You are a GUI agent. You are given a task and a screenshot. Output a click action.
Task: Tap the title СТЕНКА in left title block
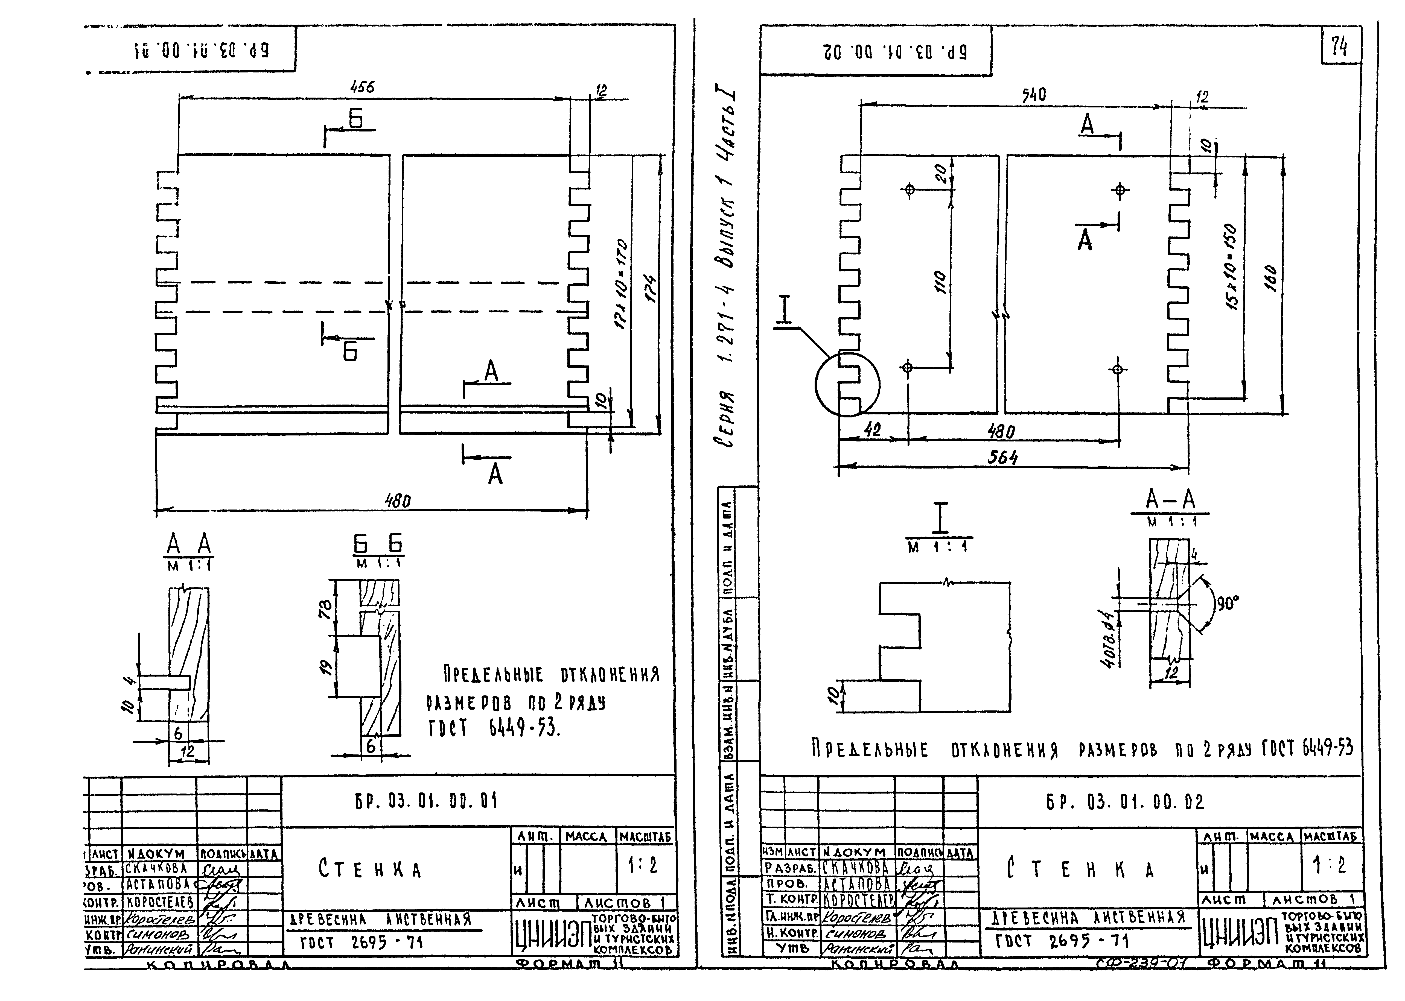pyautogui.click(x=370, y=869)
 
